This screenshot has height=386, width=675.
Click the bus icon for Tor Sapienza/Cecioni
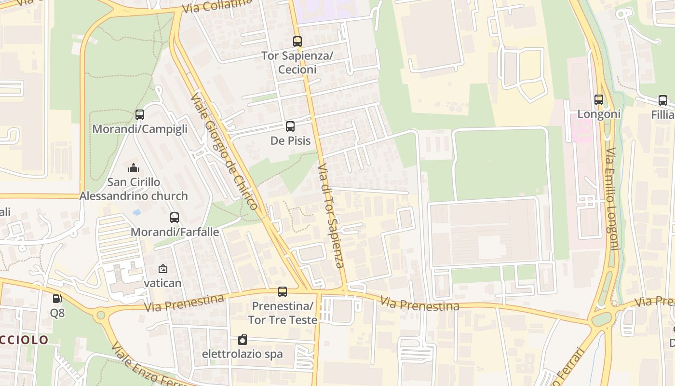point(297,41)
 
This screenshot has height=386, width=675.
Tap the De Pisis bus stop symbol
point(290,126)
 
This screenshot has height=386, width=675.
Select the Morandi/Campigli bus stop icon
point(140,115)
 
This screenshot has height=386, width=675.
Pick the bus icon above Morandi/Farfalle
point(175,218)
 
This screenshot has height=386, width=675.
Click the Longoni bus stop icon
point(599,100)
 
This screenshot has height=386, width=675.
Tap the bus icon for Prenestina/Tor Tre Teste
point(283,292)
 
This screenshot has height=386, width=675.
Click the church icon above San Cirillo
point(134,168)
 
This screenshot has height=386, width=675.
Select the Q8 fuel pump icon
point(57,299)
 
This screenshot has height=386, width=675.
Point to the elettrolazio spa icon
point(243,340)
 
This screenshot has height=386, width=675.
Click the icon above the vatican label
point(163,269)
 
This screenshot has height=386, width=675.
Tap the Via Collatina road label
point(217,6)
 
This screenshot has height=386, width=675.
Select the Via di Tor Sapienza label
point(331,215)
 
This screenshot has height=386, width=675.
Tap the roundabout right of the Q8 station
point(101,316)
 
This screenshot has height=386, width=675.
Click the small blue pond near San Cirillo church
point(137,212)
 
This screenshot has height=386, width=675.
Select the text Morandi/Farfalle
point(175,232)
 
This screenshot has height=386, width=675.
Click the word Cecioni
point(297,69)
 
